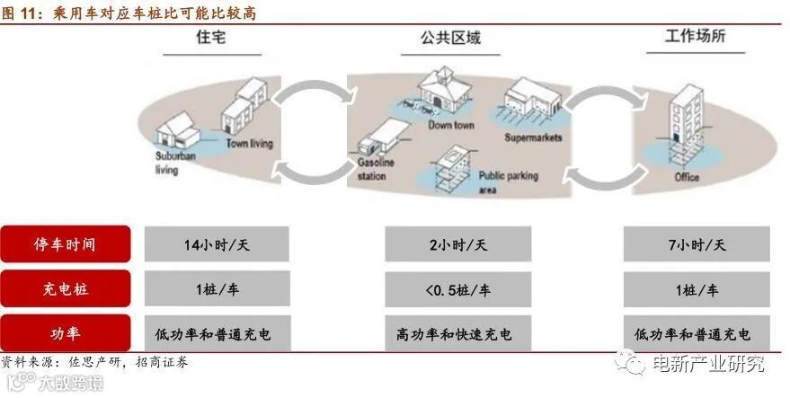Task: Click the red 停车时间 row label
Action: coord(65,244)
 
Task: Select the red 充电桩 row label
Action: coord(65,289)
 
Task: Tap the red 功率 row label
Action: coord(65,333)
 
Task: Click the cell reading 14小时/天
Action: coord(216,244)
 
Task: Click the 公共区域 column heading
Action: coord(449,39)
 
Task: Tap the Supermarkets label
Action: coord(533,138)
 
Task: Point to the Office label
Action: coord(687,178)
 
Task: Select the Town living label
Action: coord(250,144)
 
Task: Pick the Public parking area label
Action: coord(508,182)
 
